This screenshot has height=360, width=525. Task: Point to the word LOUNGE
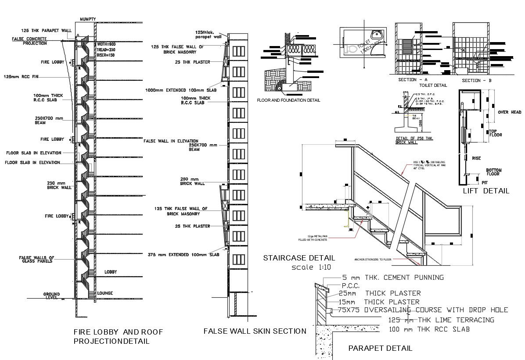coord(105,293)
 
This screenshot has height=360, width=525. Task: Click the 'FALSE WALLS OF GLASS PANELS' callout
coord(36,259)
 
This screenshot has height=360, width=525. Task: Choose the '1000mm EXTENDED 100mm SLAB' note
coord(181,90)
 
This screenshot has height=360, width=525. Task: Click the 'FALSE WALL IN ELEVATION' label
coord(171,141)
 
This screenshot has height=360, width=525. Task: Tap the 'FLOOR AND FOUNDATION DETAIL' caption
coord(288,100)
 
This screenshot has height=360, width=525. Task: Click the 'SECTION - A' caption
coord(412,80)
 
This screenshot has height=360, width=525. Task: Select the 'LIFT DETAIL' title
coord(486,191)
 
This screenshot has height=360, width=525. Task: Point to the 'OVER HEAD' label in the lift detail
coord(510,112)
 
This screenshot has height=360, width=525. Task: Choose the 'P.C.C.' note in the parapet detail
coord(350,285)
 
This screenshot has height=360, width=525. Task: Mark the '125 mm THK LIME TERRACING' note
coord(441,320)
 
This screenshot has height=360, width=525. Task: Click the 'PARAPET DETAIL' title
coord(380,349)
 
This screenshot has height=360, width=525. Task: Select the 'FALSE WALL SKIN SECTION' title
coord(255,331)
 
